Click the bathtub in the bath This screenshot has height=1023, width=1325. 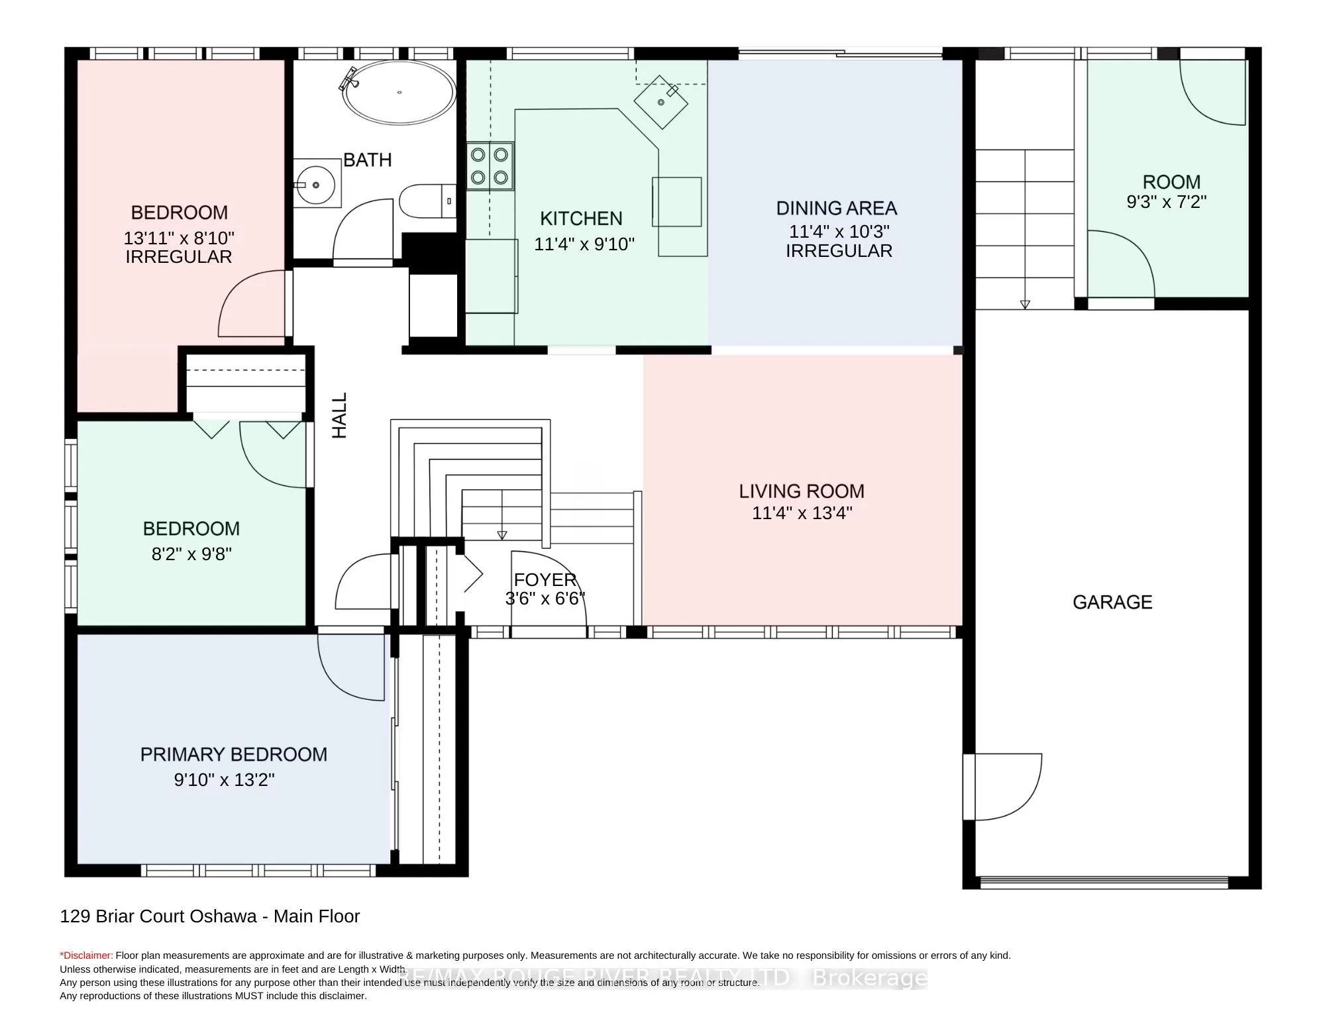399,93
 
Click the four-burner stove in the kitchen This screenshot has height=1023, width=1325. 490,166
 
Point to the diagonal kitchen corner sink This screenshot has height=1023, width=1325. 661,102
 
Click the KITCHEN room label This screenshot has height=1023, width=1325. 581,219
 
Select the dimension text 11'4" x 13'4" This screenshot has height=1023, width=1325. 802,513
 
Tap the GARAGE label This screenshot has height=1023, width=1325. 1112,602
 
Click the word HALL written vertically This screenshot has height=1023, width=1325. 339,415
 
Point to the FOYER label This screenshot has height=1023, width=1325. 545,580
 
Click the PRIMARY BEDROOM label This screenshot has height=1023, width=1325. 233,755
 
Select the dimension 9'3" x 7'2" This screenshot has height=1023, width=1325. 1166,202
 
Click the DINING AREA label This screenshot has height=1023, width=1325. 836,209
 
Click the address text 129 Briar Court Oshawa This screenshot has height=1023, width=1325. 159,916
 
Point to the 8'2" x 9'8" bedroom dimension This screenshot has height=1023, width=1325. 191,554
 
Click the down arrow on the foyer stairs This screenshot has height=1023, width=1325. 502,534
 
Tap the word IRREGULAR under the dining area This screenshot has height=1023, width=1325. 839,251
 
